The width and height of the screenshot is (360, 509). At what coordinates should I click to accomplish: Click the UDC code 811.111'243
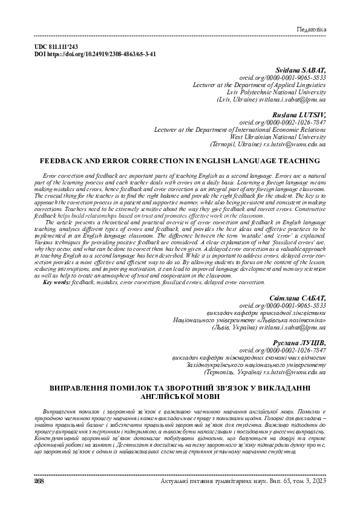(66, 47)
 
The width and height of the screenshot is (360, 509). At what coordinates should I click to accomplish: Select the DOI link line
(96, 54)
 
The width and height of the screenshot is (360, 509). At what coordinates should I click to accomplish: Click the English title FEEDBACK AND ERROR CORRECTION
(179, 161)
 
